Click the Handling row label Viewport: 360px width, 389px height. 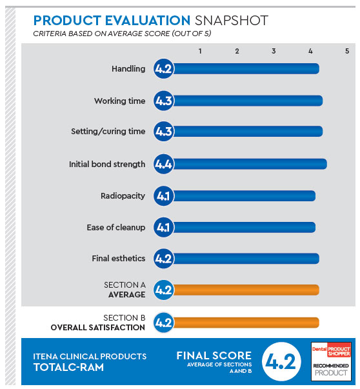pos(128,69)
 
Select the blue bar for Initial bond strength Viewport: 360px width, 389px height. pos(250,164)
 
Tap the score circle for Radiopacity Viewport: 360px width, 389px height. pos(163,196)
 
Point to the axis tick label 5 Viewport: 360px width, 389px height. pos(347,51)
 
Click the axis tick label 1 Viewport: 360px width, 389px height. pos(200,51)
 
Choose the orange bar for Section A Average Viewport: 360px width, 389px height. pos(246,290)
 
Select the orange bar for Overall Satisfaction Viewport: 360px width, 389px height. pos(246,323)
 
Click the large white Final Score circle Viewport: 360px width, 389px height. pos(281,361)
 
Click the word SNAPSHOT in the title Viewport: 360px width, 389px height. pos(232,21)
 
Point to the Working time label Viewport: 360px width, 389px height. pos(119,101)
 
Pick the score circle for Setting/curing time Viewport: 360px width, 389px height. pos(163,131)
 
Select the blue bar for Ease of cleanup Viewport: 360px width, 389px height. pos(244,227)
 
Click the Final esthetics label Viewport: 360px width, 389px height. pos(119,259)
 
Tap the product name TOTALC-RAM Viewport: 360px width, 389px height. pos(69,368)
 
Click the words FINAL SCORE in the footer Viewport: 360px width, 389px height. pos(214,355)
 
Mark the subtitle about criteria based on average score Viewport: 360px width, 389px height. pos(122,34)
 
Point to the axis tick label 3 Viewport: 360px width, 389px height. pos(274,51)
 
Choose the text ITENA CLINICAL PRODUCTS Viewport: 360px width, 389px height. pos(90,357)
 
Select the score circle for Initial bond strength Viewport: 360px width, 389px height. pos(163,164)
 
